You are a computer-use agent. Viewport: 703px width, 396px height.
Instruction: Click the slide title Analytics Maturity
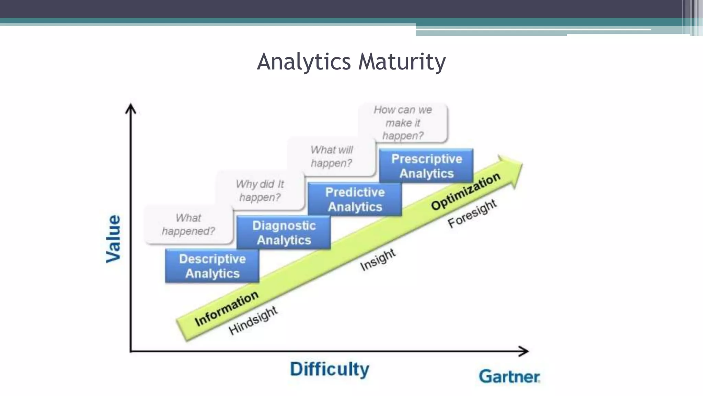pos(351,62)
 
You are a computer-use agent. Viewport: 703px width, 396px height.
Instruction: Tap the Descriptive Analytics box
pos(212,266)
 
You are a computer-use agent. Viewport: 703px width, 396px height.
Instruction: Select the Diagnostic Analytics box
pos(284,233)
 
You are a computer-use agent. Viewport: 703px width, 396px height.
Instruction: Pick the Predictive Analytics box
pos(355,199)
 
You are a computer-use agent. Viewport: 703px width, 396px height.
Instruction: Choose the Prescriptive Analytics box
pos(426,166)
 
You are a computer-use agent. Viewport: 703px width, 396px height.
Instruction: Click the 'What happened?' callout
pos(188,224)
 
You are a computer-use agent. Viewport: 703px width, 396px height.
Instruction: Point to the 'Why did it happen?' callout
pos(260,191)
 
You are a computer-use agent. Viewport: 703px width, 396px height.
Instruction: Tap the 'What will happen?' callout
pos(331,156)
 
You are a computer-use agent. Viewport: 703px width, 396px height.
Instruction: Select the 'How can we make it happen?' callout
pos(403,123)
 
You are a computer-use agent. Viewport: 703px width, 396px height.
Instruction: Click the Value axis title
pos(114,239)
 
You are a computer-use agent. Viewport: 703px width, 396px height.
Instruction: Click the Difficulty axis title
pos(330,369)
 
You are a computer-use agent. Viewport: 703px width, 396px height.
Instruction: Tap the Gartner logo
pos(509,376)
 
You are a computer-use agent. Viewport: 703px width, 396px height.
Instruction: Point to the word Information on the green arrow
pos(226,308)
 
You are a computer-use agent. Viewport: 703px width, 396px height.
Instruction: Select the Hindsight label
pos(253,320)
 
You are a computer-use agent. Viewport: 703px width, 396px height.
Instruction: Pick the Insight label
pos(378,260)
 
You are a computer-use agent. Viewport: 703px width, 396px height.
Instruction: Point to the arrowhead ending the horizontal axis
pos(524,351)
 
